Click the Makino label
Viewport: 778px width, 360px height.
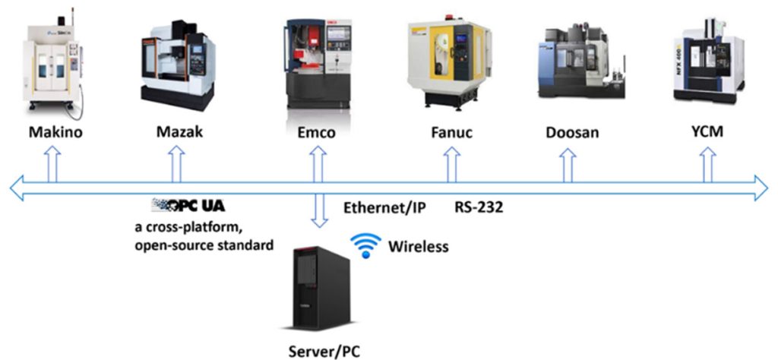pyautogui.click(x=55, y=132)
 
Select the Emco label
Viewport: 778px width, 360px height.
pyautogui.click(x=317, y=132)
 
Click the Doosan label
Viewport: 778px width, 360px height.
pyautogui.click(x=571, y=132)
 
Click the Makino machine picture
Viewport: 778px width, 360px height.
pyautogui.click(x=52, y=65)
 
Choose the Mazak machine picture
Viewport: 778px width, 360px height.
pyautogui.click(x=178, y=65)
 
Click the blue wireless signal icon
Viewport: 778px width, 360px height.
pyautogui.click(x=365, y=245)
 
